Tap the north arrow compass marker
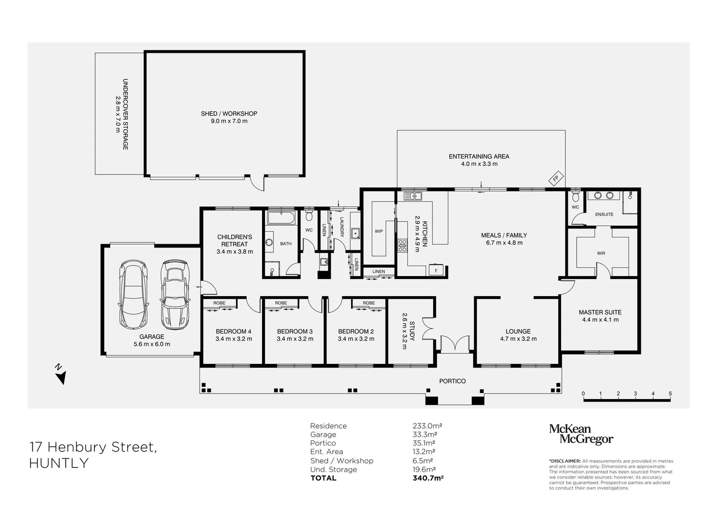pos(61,375)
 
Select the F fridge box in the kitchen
pos(436,270)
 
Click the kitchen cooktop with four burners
pos(402,245)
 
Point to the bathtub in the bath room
pos(281,218)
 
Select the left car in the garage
pos(133,294)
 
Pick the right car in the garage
pos(175,294)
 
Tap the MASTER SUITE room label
pos(600,312)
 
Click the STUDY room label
pos(412,331)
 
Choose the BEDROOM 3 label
pos(294,331)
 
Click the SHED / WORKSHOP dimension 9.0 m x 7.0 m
pos(229,121)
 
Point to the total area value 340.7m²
pos(428,478)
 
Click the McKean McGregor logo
pos(581,434)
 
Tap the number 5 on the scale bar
pos(670,393)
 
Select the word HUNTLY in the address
pos(59,463)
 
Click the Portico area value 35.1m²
pos(424,443)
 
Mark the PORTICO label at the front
pos(452,381)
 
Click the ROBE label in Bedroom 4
pos(219,303)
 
